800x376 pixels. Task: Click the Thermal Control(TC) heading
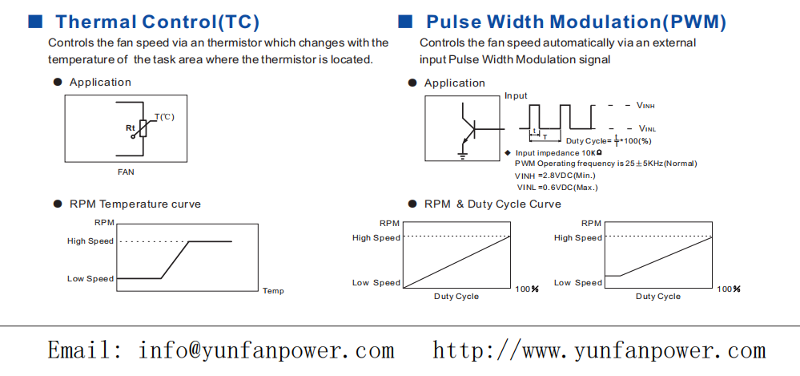pos(158,22)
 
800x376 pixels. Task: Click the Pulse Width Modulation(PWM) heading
pos(576,22)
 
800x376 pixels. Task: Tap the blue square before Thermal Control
pos(34,21)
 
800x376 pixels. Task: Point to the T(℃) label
pos(164,117)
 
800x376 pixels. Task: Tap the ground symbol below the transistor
pos(463,153)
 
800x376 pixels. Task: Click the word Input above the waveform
pos(516,96)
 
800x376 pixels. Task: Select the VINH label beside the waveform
pos(646,106)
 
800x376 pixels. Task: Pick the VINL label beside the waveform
pos(647,128)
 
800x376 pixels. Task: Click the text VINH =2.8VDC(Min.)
pos(555,175)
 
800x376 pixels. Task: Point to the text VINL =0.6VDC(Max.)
pos(557,187)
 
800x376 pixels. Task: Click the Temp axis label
pos(273,291)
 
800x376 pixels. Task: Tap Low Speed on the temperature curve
pos(90,279)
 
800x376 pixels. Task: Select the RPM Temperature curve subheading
pos(135,204)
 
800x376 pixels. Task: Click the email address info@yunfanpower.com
pos(219,351)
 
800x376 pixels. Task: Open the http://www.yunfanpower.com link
pos(599,351)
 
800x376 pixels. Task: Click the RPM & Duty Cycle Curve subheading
pos(492,204)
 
